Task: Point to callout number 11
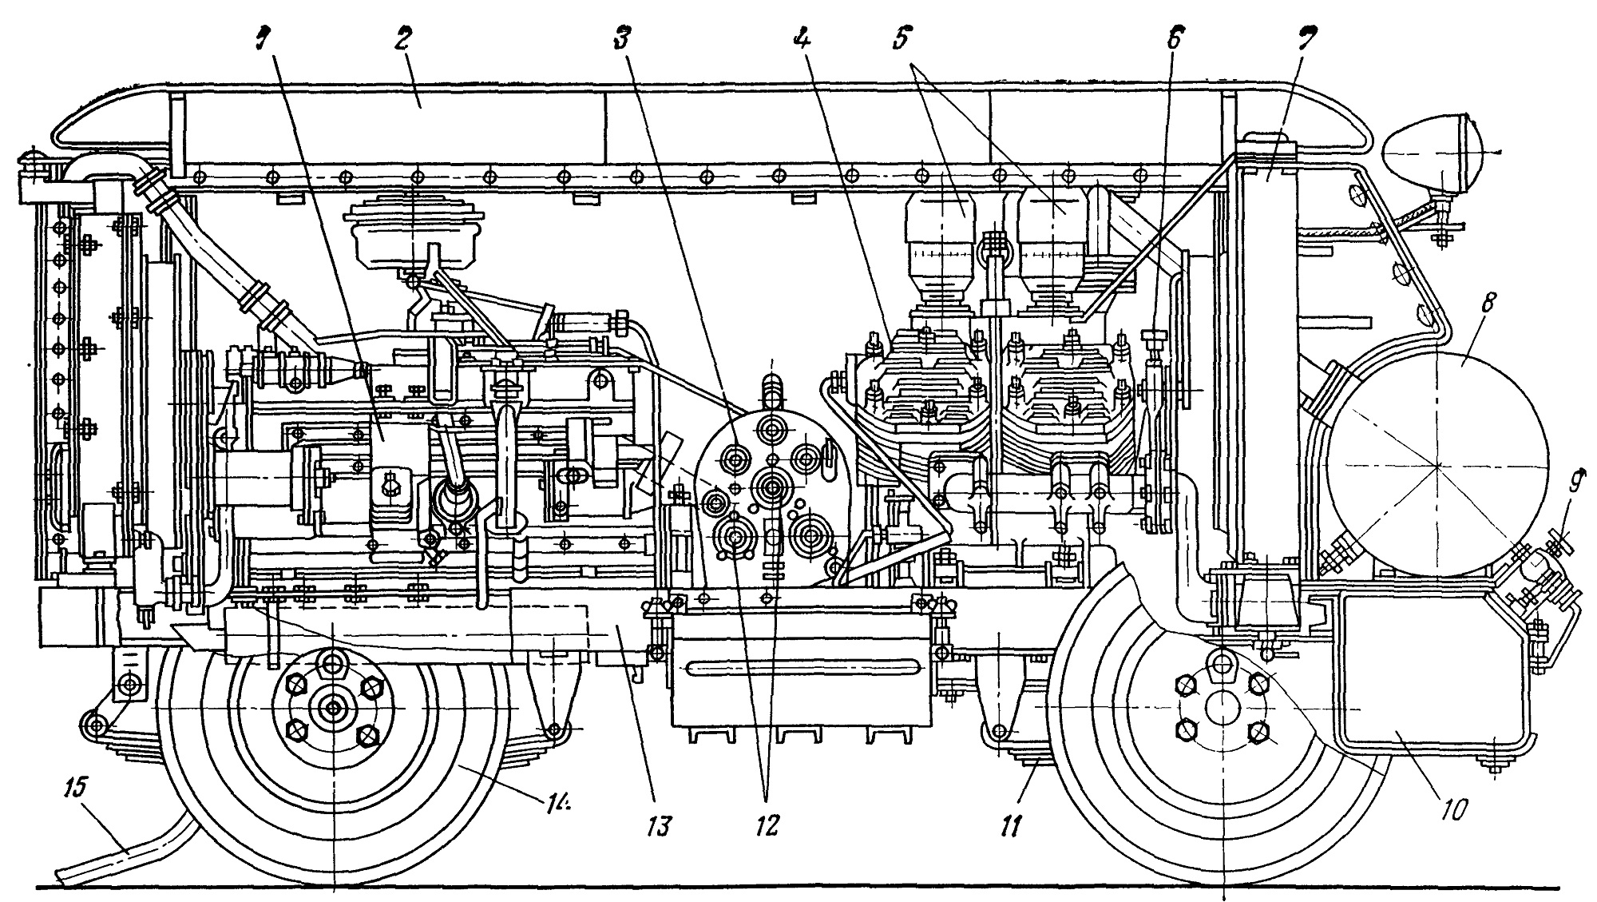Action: (x=1010, y=825)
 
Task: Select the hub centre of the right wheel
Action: (x=1221, y=708)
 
